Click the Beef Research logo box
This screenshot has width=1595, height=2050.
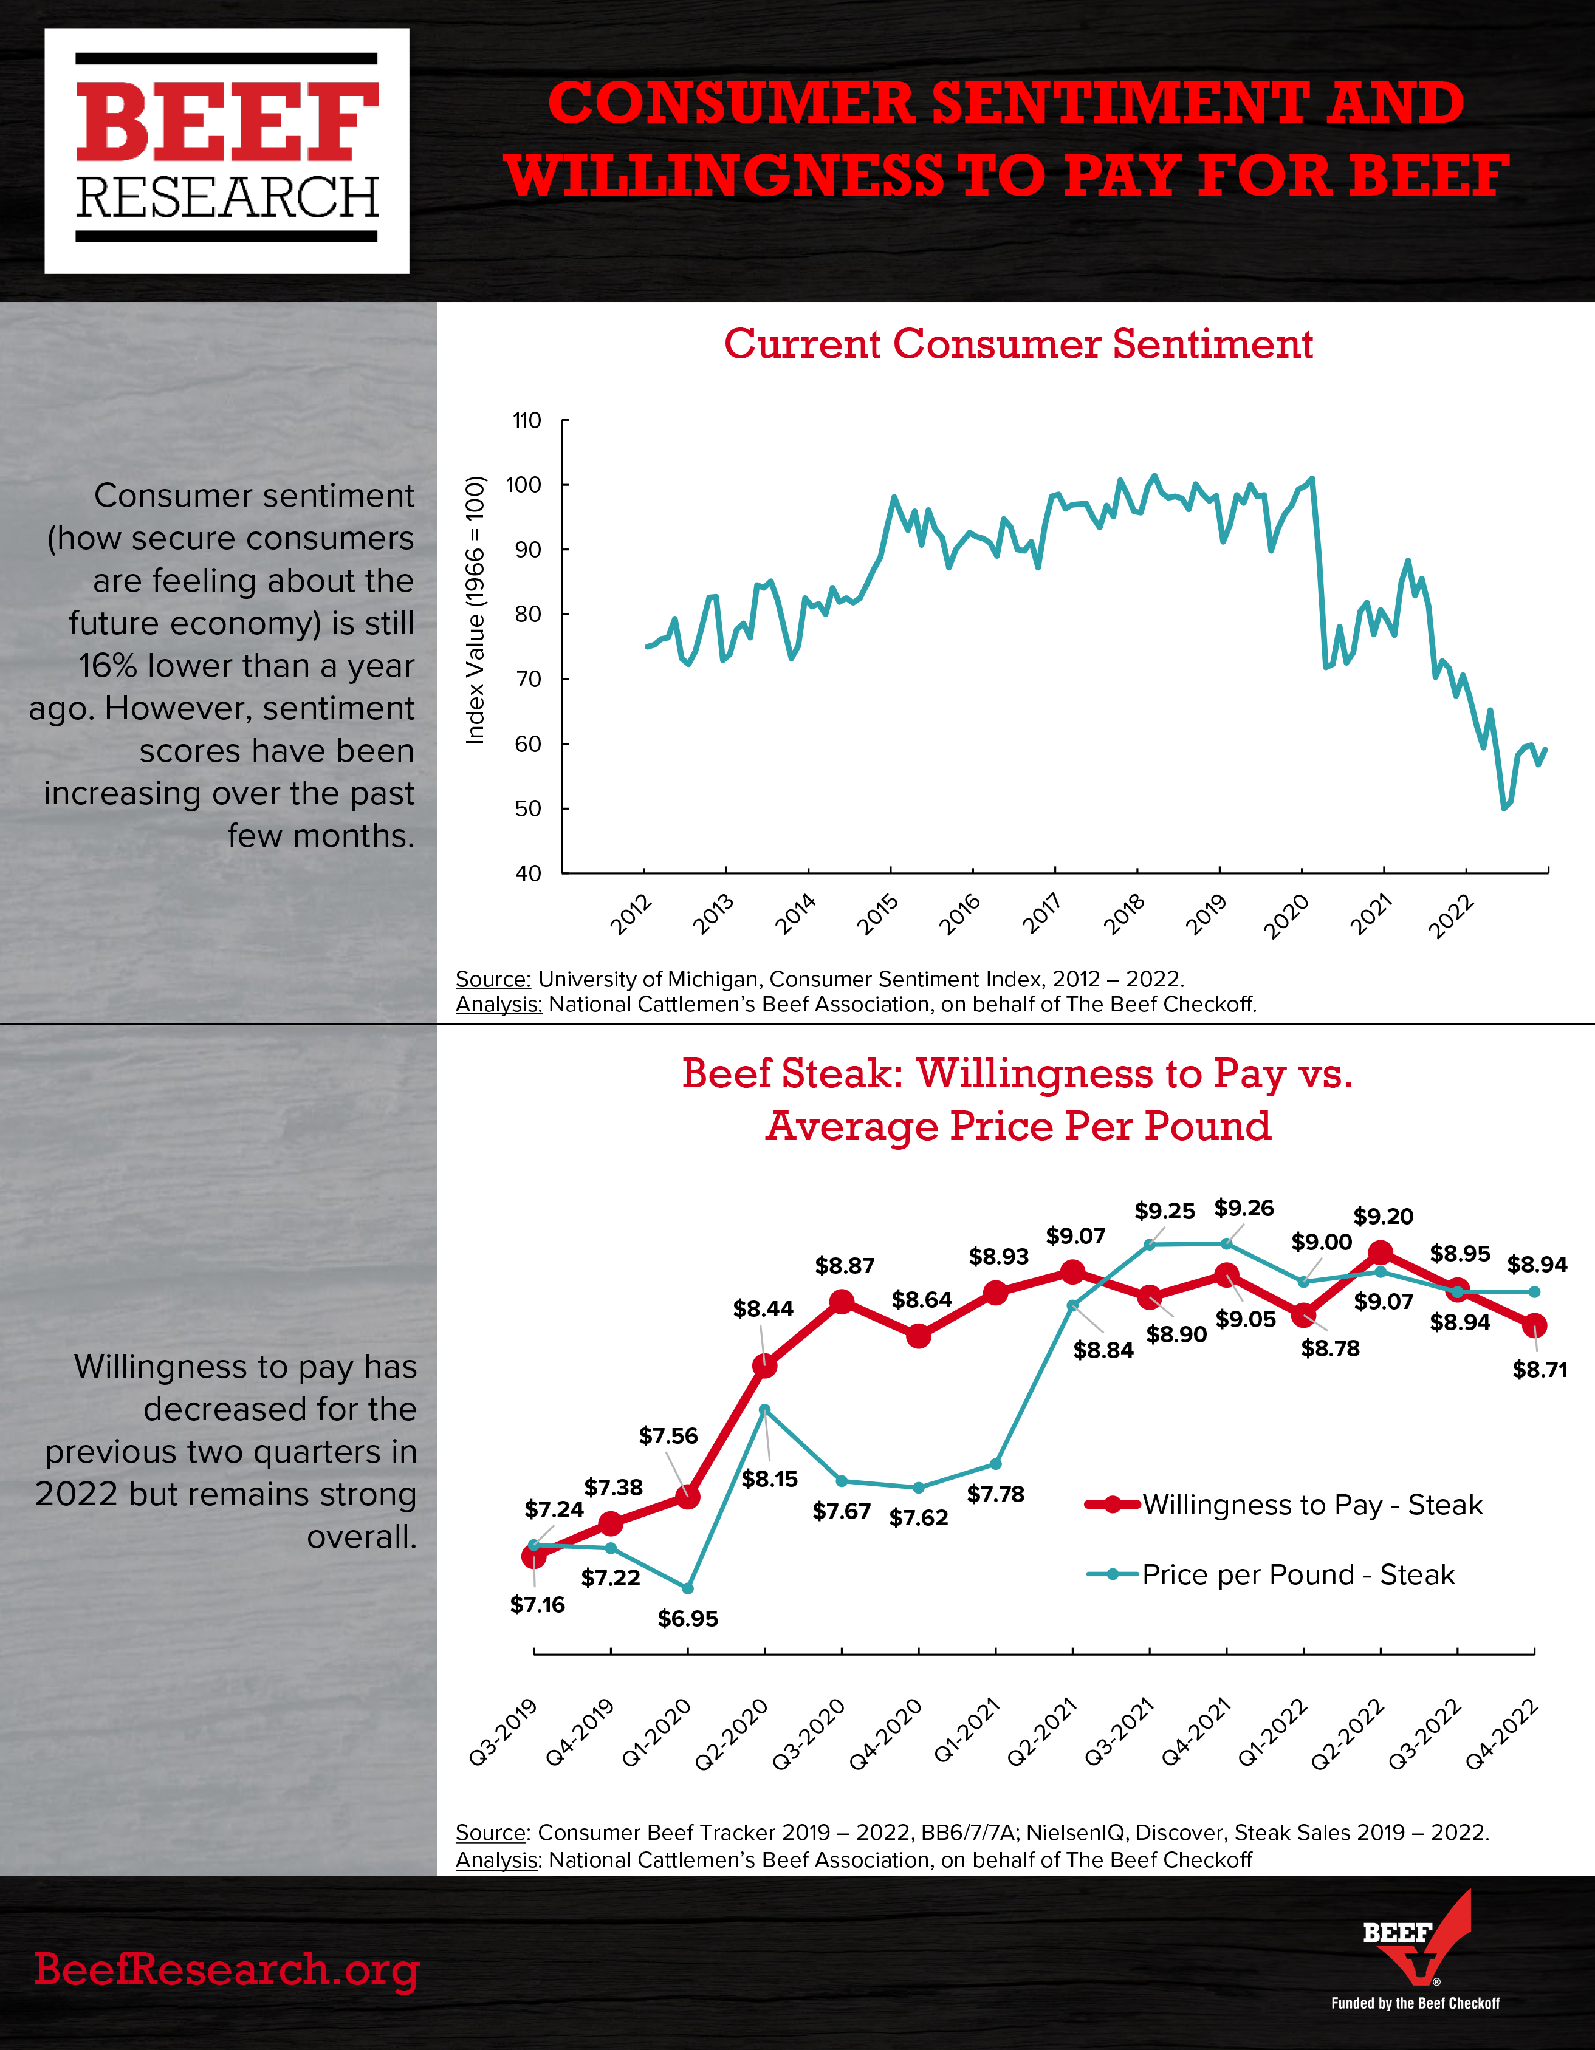coord(227,151)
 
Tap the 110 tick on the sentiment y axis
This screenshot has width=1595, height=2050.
coord(527,420)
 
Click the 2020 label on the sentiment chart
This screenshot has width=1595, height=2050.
coord(1287,915)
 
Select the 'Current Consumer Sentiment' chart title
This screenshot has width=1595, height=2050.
coord(1018,344)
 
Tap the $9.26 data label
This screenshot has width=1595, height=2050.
coord(1244,1208)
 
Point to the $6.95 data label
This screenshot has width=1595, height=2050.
coord(688,1618)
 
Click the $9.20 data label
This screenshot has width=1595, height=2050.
coord(1383,1217)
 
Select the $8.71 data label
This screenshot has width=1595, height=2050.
coord(1540,1370)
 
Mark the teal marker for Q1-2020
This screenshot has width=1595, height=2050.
coord(688,1588)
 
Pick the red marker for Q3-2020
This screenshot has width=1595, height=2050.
coord(842,1302)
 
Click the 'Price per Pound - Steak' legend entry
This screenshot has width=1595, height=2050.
coord(1270,1574)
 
